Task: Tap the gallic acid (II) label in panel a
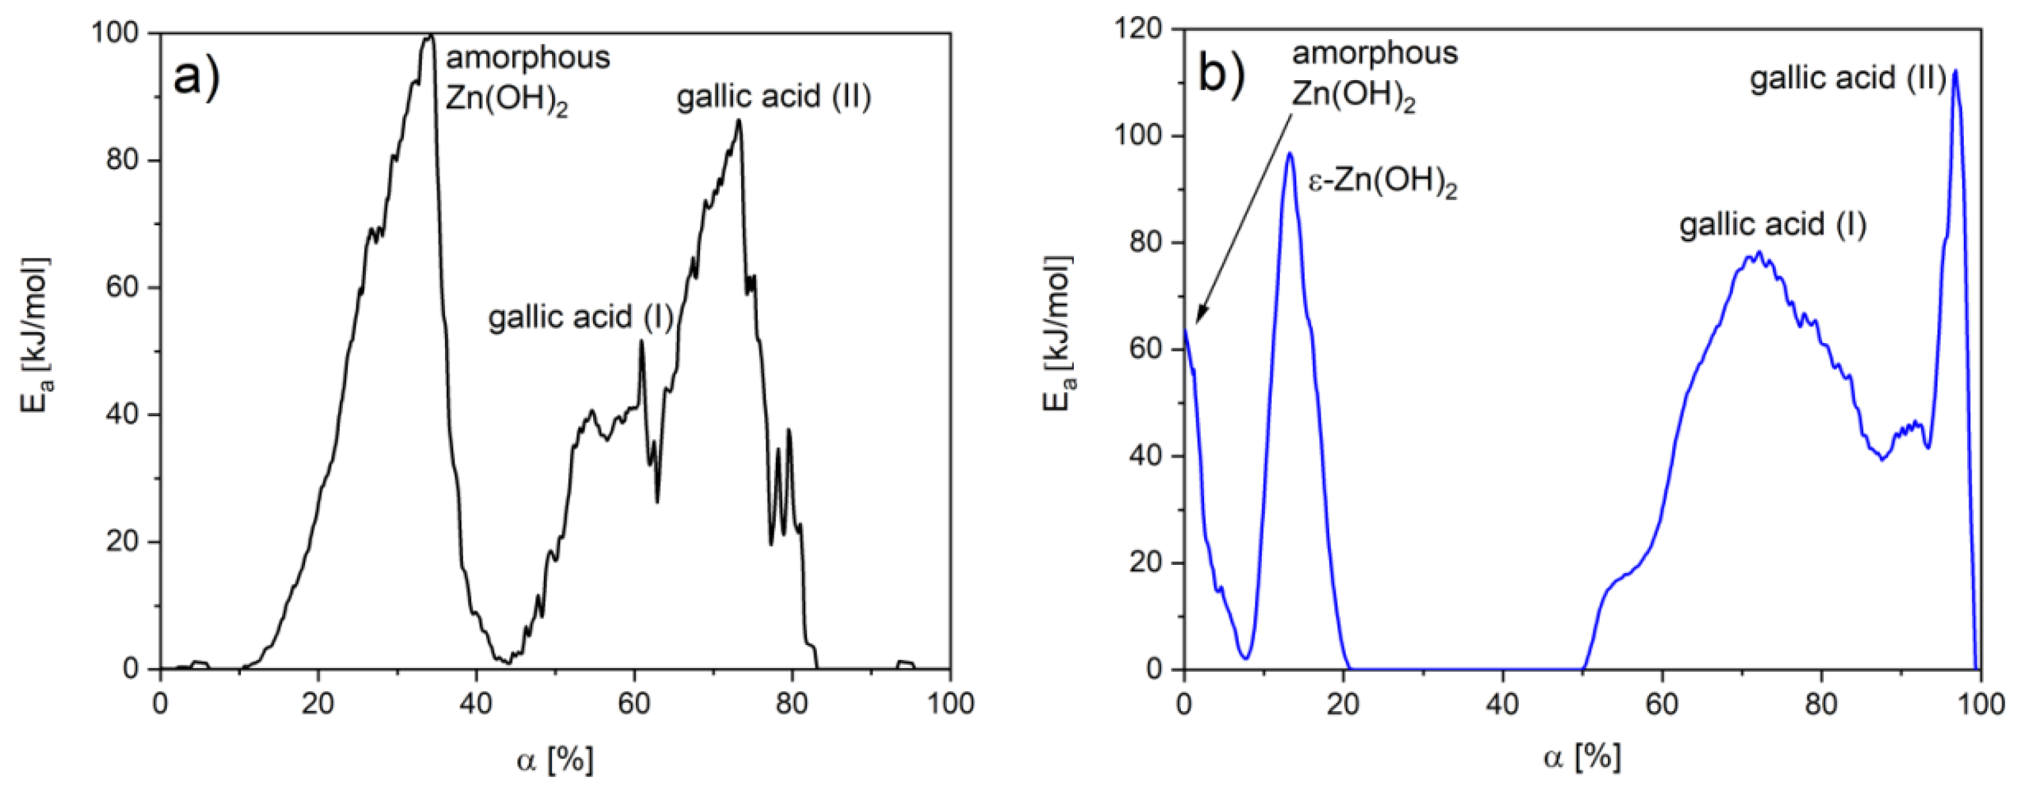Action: (774, 97)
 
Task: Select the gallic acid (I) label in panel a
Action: (580, 317)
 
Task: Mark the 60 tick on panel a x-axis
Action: (634, 702)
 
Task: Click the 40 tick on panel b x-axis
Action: (1502, 702)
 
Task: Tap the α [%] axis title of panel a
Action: (555, 760)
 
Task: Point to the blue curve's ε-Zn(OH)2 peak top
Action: (1290, 153)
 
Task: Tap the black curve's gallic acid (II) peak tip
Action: (739, 121)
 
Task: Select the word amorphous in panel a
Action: (528, 58)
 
